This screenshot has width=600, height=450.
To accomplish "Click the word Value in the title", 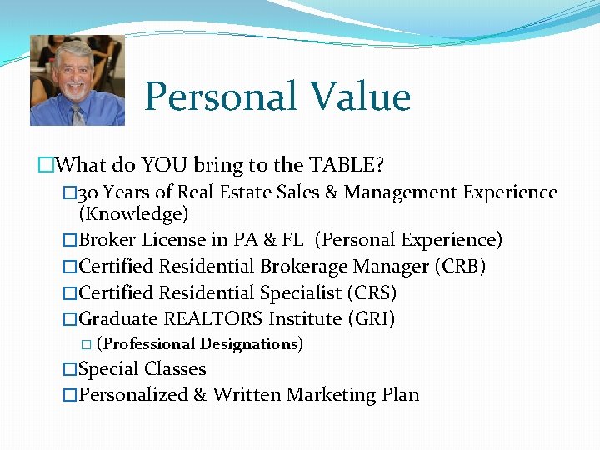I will tap(360, 97).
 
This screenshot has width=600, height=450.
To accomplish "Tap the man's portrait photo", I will tap(77, 80).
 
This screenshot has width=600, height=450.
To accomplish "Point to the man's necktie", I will tap(77, 114).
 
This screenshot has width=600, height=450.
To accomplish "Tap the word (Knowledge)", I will tap(133, 214).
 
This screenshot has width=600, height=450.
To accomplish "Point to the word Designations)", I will tap(251, 343).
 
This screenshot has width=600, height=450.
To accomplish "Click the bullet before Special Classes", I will tap(70, 369).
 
